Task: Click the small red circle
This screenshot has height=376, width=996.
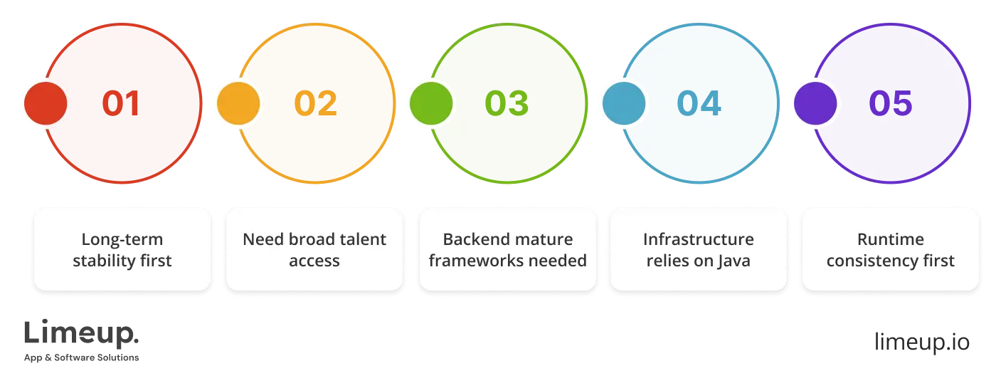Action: click(x=46, y=104)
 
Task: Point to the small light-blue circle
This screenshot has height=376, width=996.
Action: click(x=624, y=104)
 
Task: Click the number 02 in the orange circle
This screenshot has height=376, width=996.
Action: click(x=316, y=104)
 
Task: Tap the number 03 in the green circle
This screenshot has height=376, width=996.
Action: click(x=507, y=104)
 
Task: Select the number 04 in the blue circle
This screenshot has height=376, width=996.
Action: click(x=699, y=104)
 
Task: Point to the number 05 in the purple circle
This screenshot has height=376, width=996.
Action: click(x=891, y=104)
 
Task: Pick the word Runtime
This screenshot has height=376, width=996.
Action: click(x=890, y=239)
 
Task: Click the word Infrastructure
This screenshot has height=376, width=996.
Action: click(x=698, y=239)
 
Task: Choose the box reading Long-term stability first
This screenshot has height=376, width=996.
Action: click(x=122, y=249)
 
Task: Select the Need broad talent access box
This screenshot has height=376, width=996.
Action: click(x=314, y=249)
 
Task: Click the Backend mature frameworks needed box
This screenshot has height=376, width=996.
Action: click(x=507, y=249)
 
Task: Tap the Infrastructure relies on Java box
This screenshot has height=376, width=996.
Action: click(x=699, y=249)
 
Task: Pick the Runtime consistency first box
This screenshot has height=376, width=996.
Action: click(x=890, y=249)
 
